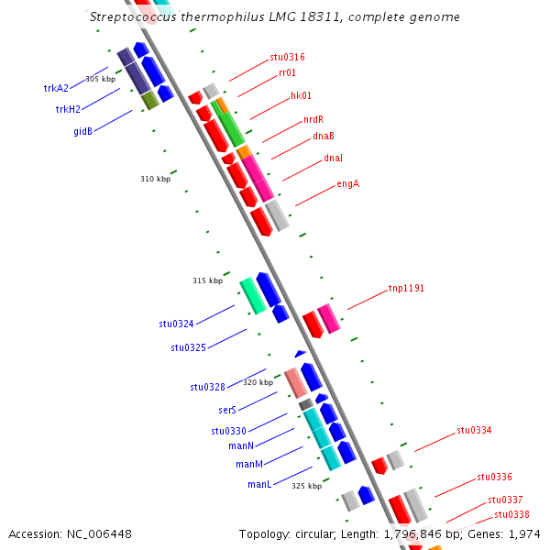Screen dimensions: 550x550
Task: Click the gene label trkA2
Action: click(x=56, y=88)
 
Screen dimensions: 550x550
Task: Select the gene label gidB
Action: click(x=82, y=131)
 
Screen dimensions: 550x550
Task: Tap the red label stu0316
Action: click(x=287, y=57)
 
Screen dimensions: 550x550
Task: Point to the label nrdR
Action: click(x=313, y=120)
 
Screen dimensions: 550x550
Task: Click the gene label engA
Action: click(x=347, y=183)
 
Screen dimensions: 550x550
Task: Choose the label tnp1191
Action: click(x=406, y=288)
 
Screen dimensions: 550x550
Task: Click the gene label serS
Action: click(x=227, y=411)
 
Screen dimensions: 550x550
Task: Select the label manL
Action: click(x=258, y=484)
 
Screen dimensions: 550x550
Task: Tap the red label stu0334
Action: click(x=474, y=430)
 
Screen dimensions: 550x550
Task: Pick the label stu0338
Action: click(x=511, y=514)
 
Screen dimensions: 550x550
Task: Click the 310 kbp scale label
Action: click(x=155, y=179)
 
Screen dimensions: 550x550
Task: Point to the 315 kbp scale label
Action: click(x=207, y=280)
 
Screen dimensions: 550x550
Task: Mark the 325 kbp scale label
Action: click(x=306, y=485)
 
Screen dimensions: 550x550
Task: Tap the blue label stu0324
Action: click(x=176, y=324)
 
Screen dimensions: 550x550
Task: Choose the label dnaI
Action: click(x=333, y=159)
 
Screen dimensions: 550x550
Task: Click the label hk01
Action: click(x=301, y=95)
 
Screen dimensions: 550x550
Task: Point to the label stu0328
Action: click(x=207, y=387)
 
